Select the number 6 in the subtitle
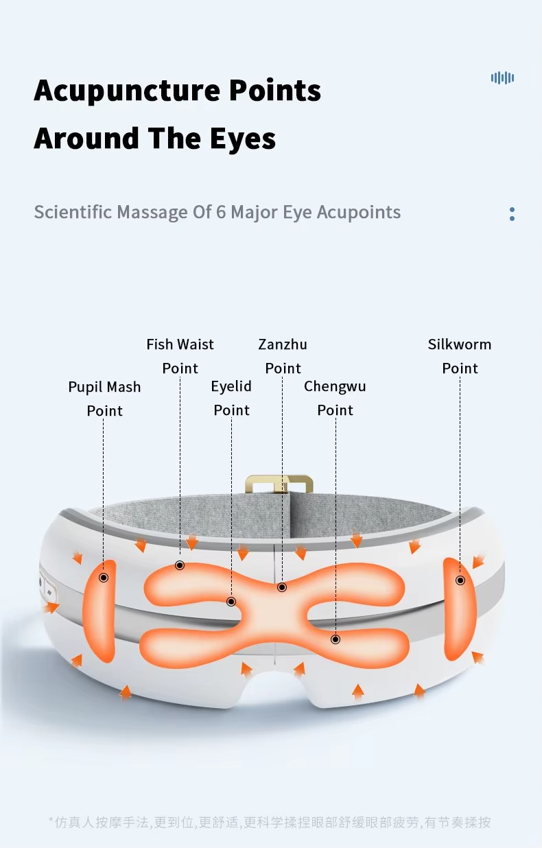pyautogui.click(x=220, y=212)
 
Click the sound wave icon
pyautogui.click(x=502, y=78)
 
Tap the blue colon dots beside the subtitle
pyautogui.click(x=512, y=213)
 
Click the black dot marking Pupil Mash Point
pyautogui.click(x=104, y=578)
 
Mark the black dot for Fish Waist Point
pyautogui.click(x=180, y=565)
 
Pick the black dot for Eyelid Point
pyautogui.click(x=231, y=602)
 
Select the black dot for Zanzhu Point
pyautogui.click(x=282, y=587)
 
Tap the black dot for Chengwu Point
pyautogui.click(x=335, y=639)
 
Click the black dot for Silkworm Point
pyautogui.click(x=460, y=580)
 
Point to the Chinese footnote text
pyautogui.click(x=270, y=822)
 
